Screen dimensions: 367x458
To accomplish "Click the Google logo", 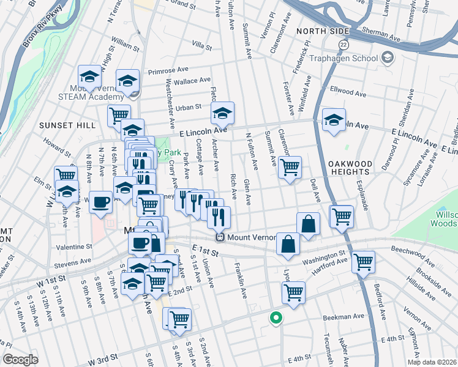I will (x=20, y=359).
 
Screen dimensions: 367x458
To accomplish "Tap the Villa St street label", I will (x=201, y=46).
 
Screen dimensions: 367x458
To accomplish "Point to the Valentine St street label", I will (x=73, y=247).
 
